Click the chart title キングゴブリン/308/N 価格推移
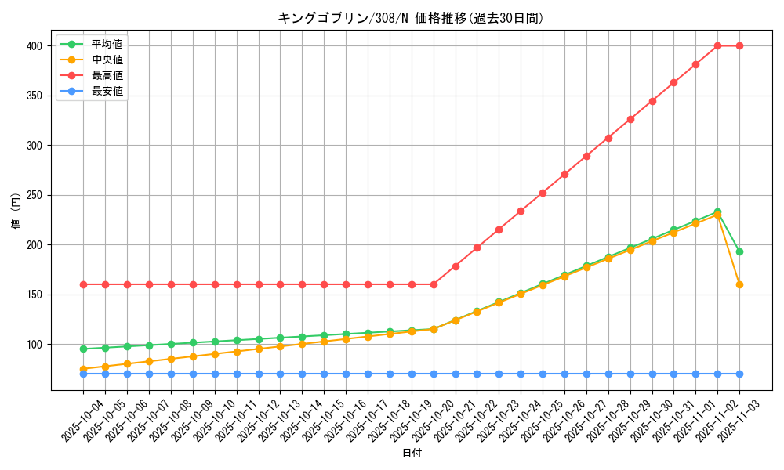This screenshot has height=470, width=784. pyautogui.click(x=410, y=18)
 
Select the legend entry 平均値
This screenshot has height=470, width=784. pyautogui.click(x=107, y=44)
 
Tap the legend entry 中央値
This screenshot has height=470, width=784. pyautogui.click(x=107, y=60)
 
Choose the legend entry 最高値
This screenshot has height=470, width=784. pyautogui.click(x=107, y=75)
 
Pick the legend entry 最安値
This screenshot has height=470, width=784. pyautogui.click(x=107, y=91)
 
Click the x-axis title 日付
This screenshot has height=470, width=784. pyautogui.click(x=412, y=454)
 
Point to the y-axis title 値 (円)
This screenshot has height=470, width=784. pyautogui.click(x=16, y=211)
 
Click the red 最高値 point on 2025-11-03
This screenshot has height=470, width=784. pyautogui.click(x=739, y=45)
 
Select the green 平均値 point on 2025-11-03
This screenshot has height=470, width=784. pyautogui.click(x=739, y=251)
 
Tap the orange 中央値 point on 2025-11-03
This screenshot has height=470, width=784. pyautogui.click(x=739, y=284)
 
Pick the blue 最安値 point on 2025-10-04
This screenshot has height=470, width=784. pyautogui.click(x=83, y=374)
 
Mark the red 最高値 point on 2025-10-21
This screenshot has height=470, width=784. pyautogui.click(x=456, y=266)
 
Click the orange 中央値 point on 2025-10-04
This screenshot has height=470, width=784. pyautogui.click(x=83, y=369)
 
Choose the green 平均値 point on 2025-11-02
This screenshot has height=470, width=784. pyautogui.click(x=717, y=211)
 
